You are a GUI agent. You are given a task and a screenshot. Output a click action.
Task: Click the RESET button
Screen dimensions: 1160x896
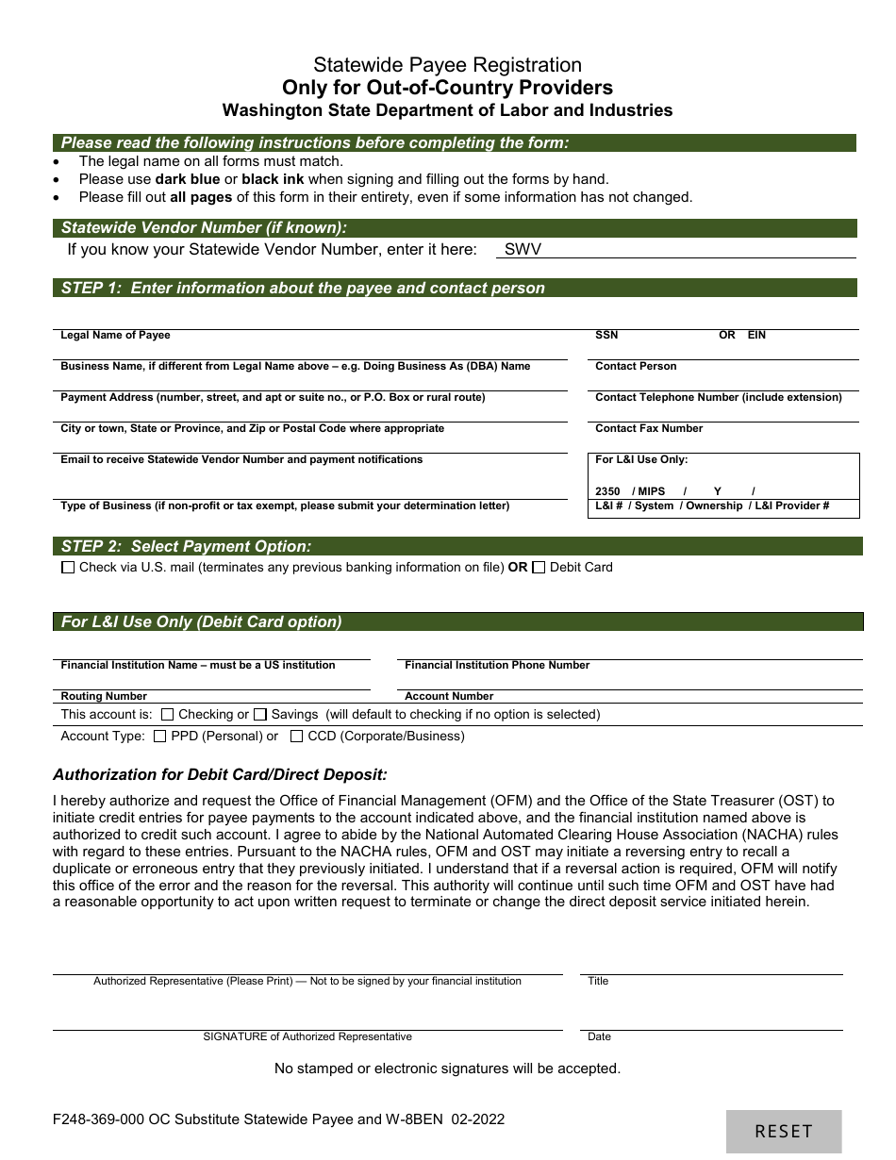click(x=784, y=1131)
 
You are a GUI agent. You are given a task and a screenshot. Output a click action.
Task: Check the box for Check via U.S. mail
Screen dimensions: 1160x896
click(x=68, y=568)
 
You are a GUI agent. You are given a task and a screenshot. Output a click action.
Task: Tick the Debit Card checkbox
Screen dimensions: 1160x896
click(x=539, y=568)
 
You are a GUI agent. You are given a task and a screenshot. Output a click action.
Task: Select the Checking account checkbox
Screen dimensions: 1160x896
click(x=168, y=715)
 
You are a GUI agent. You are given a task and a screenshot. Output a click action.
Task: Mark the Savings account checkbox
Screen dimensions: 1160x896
click(x=260, y=715)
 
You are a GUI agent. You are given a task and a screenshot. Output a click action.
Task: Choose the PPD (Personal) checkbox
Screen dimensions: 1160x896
click(x=160, y=737)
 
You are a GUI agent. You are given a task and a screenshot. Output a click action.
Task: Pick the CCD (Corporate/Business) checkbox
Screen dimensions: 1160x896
click(x=297, y=737)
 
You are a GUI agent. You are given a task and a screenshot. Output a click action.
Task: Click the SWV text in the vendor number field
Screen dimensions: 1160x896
click(x=523, y=250)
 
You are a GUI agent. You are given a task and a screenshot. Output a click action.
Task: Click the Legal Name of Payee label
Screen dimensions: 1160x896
click(x=115, y=336)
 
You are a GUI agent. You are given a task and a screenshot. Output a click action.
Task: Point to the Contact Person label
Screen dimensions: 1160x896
click(x=636, y=367)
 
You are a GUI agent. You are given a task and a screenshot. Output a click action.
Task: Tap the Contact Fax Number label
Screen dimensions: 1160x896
click(x=649, y=429)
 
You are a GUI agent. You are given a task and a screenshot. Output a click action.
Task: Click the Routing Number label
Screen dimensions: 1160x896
click(x=104, y=696)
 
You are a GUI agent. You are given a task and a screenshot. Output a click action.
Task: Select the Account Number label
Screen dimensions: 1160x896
click(x=449, y=696)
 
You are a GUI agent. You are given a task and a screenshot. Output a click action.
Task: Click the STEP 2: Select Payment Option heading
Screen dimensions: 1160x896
click(x=186, y=546)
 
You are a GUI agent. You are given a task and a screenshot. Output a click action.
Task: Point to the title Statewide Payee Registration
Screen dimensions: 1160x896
click(x=447, y=65)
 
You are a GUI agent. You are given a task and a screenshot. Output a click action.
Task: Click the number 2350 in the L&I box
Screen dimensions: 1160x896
click(x=607, y=491)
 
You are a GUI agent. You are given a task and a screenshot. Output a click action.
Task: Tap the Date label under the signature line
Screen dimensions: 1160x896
click(x=599, y=1036)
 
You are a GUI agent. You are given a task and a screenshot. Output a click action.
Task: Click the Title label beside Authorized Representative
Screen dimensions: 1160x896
click(x=598, y=981)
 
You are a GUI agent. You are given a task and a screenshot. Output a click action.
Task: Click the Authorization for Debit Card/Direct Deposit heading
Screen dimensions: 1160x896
click(x=220, y=774)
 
